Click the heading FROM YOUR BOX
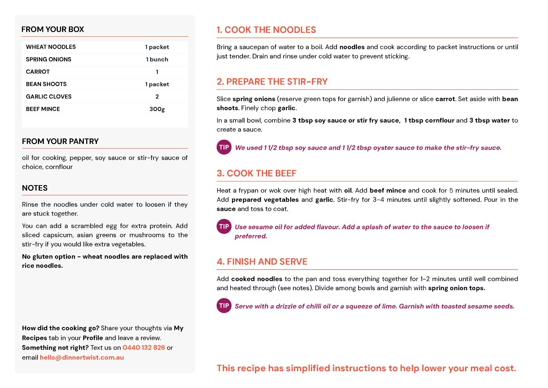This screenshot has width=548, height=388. pyautogui.click(x=53, y=29)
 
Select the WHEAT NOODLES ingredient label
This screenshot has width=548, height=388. pyautogui.click(x=51, y=47)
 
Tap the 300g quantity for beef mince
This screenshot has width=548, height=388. pyautogui.click(x=157, y=109)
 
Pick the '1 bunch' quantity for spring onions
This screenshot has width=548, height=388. pyautogui.click(x=157, y=59)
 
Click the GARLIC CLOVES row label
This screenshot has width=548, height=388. pyautogui.click(x=49, y=97)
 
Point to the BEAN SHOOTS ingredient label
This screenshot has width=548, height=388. pyautogui.click(x=46, y=84)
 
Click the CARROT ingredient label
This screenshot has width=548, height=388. pyautogui.click(x=38, y=72)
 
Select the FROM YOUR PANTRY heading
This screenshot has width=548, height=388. pyautogui.click(x=60, y=141)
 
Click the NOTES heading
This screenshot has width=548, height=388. pyautogui.click(x=35, y=188)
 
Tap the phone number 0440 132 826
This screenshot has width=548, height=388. pyautogui.click(x=144, y=348)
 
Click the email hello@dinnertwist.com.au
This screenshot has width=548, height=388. pyautogui.click(x=82, y=357)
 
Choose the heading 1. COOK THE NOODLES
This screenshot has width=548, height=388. pyautogui.click(x=266, y=30)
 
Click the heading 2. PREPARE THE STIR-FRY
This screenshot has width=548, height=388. pyautogui.click(x=272, y=82)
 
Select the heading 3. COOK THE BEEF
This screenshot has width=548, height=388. pyautogui.click(x=257, y=173)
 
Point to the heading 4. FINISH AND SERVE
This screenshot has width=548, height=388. pyautogui.click(x=262, y=262)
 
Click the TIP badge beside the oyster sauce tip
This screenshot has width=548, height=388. pyautogui.click(x=224, y=147)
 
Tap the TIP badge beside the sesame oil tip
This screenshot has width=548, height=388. pyautogui.click(x=224, y=226)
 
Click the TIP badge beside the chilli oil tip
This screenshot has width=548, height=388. pyautogui.click(x=224, y=306)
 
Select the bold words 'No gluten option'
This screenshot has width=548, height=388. pyautogui.click(x=49, y=257)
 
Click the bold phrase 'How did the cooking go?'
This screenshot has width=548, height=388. pyautogui.click(x=61, y=328)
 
